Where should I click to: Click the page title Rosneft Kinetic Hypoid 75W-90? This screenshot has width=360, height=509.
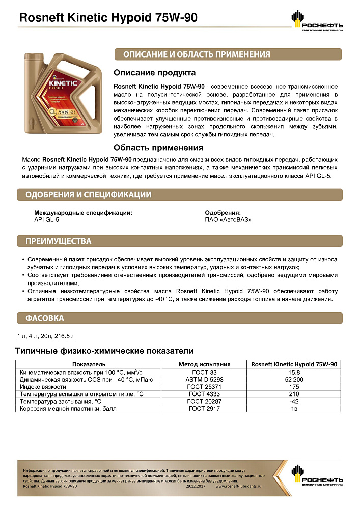tap(107, 19)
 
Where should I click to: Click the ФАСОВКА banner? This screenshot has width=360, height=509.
tap(45, 318)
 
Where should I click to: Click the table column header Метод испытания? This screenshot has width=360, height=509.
tap(204, 364)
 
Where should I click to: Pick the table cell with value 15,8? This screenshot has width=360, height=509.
tap(295, 372)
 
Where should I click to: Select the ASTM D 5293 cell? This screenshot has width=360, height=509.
tap(204, 380)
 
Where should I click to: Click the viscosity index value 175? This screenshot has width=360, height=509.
tap(295, 387)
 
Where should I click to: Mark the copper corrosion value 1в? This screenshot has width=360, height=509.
tap(295, 409)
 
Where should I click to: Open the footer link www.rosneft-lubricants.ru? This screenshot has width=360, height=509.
tap(238, 487)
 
